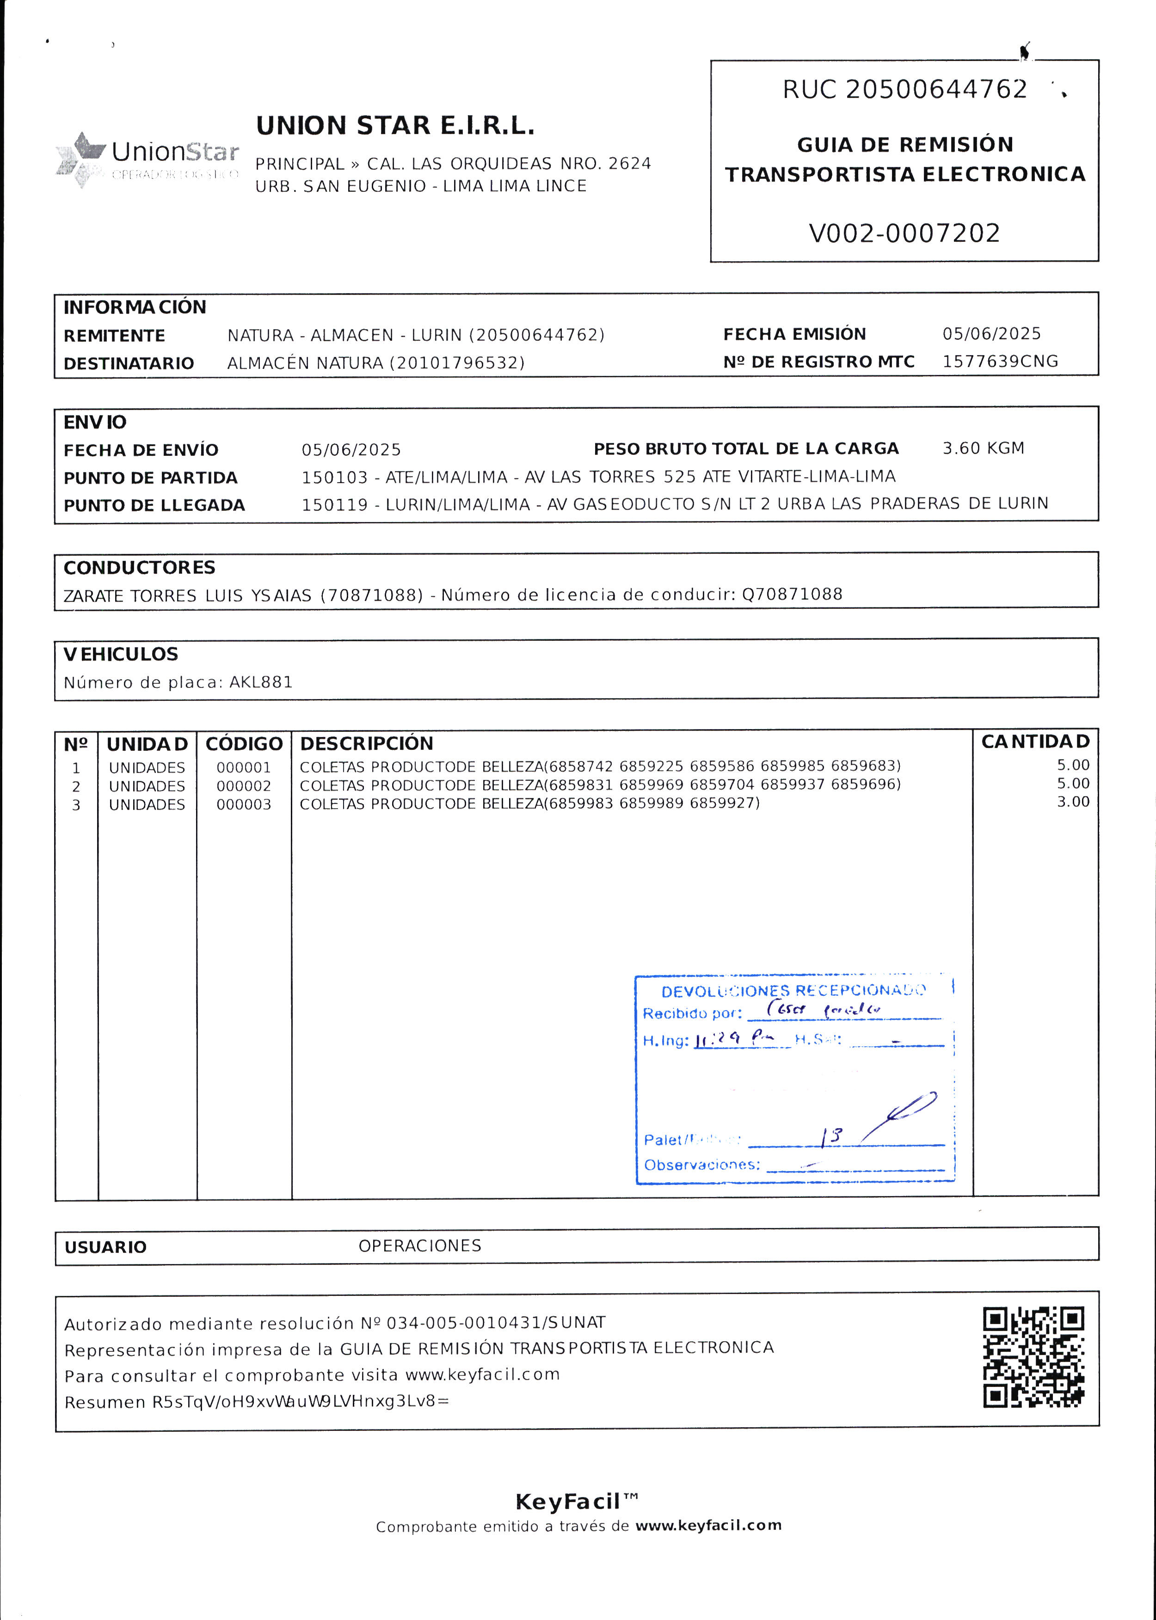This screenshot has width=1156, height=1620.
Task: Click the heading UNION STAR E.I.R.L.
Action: [x=395, y=126]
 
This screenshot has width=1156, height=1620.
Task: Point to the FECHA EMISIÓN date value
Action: [x=991, y=334]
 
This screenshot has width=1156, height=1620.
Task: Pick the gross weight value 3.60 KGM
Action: [x=983, y=448]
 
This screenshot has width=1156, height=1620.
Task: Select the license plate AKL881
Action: [x=260, y=682]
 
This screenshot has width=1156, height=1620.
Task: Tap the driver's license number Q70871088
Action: [x=792, y=595]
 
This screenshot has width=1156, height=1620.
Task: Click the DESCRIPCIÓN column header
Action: [x=367, y=744]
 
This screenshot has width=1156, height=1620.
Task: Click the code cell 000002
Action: [x=243, y=786]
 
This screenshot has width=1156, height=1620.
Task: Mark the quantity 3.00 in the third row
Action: [x=1073, y=802]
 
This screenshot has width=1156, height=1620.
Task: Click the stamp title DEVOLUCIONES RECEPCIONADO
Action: [x=793, y=991]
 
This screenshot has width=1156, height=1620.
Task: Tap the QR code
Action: [x=1033, y=1357]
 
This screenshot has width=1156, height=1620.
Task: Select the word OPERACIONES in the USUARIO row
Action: [x=419, y=1246]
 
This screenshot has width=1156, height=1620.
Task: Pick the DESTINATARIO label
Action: [x=129, y=364]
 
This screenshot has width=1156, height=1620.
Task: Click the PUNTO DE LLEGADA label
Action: [x=154, y=505]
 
